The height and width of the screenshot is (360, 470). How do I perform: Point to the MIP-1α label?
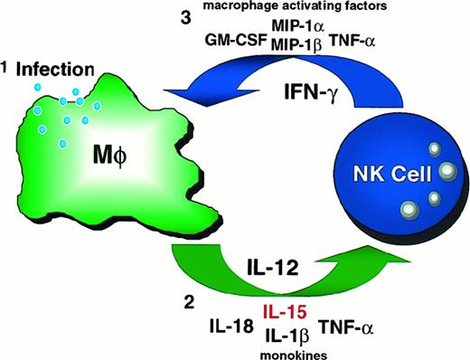pos(284,28)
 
